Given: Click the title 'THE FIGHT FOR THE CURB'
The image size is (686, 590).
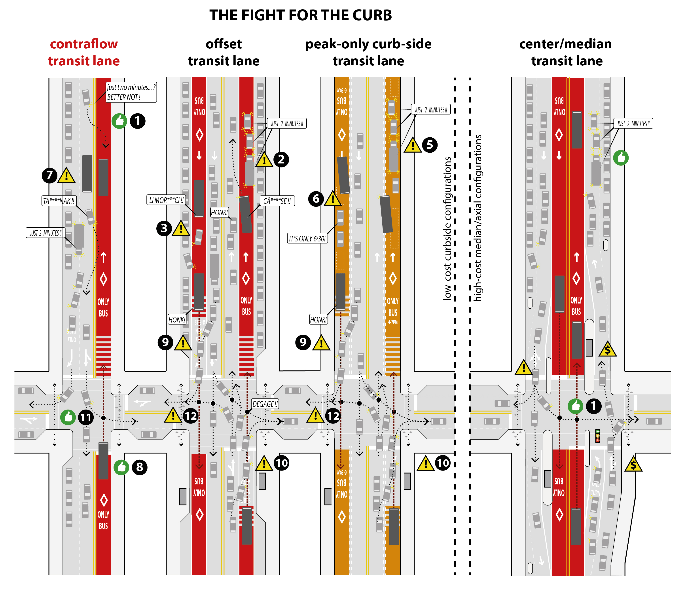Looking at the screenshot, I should coord(300,15).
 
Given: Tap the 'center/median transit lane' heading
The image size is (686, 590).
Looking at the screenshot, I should coord(566,52).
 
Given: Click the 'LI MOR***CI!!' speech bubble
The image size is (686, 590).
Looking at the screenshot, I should coord(166,200).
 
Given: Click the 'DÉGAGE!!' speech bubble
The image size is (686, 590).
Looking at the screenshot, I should coord(265,404).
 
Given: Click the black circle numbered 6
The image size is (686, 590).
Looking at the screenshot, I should coord(316,199).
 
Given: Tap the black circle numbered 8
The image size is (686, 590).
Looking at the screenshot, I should coord(139,467).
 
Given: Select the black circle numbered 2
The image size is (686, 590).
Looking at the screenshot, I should coord(281,159).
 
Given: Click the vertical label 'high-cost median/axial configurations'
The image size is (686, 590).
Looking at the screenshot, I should coord(478,218).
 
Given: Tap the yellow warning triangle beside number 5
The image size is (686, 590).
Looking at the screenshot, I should coord(413,146).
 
